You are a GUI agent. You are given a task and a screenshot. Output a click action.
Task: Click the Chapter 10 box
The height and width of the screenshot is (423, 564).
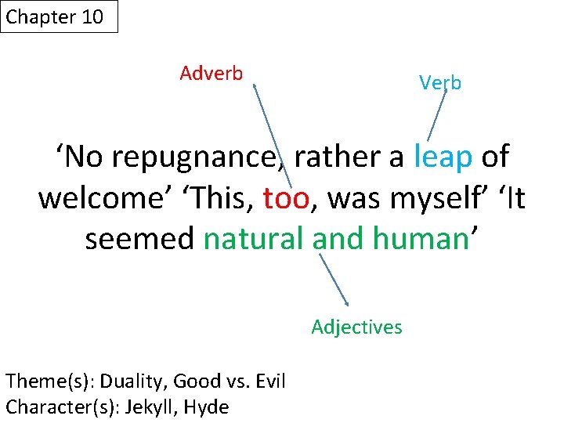pos(60,16)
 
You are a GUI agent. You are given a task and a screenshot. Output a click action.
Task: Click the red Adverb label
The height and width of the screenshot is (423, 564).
pos(211,74)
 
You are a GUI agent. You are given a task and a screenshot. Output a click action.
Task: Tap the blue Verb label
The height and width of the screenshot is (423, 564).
pos(440,82)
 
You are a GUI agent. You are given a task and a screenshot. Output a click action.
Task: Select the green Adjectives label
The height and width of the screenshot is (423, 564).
pos(356,327)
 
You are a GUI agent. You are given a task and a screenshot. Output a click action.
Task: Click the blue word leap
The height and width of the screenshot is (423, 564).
pos(443,157)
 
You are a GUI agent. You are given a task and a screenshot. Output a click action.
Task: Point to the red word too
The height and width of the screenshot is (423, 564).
pos(287,198)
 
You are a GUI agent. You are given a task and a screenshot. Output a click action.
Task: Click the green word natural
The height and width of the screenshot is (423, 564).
pos(255,239)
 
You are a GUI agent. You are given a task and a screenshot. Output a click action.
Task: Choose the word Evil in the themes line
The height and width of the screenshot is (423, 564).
pos(266,381)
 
